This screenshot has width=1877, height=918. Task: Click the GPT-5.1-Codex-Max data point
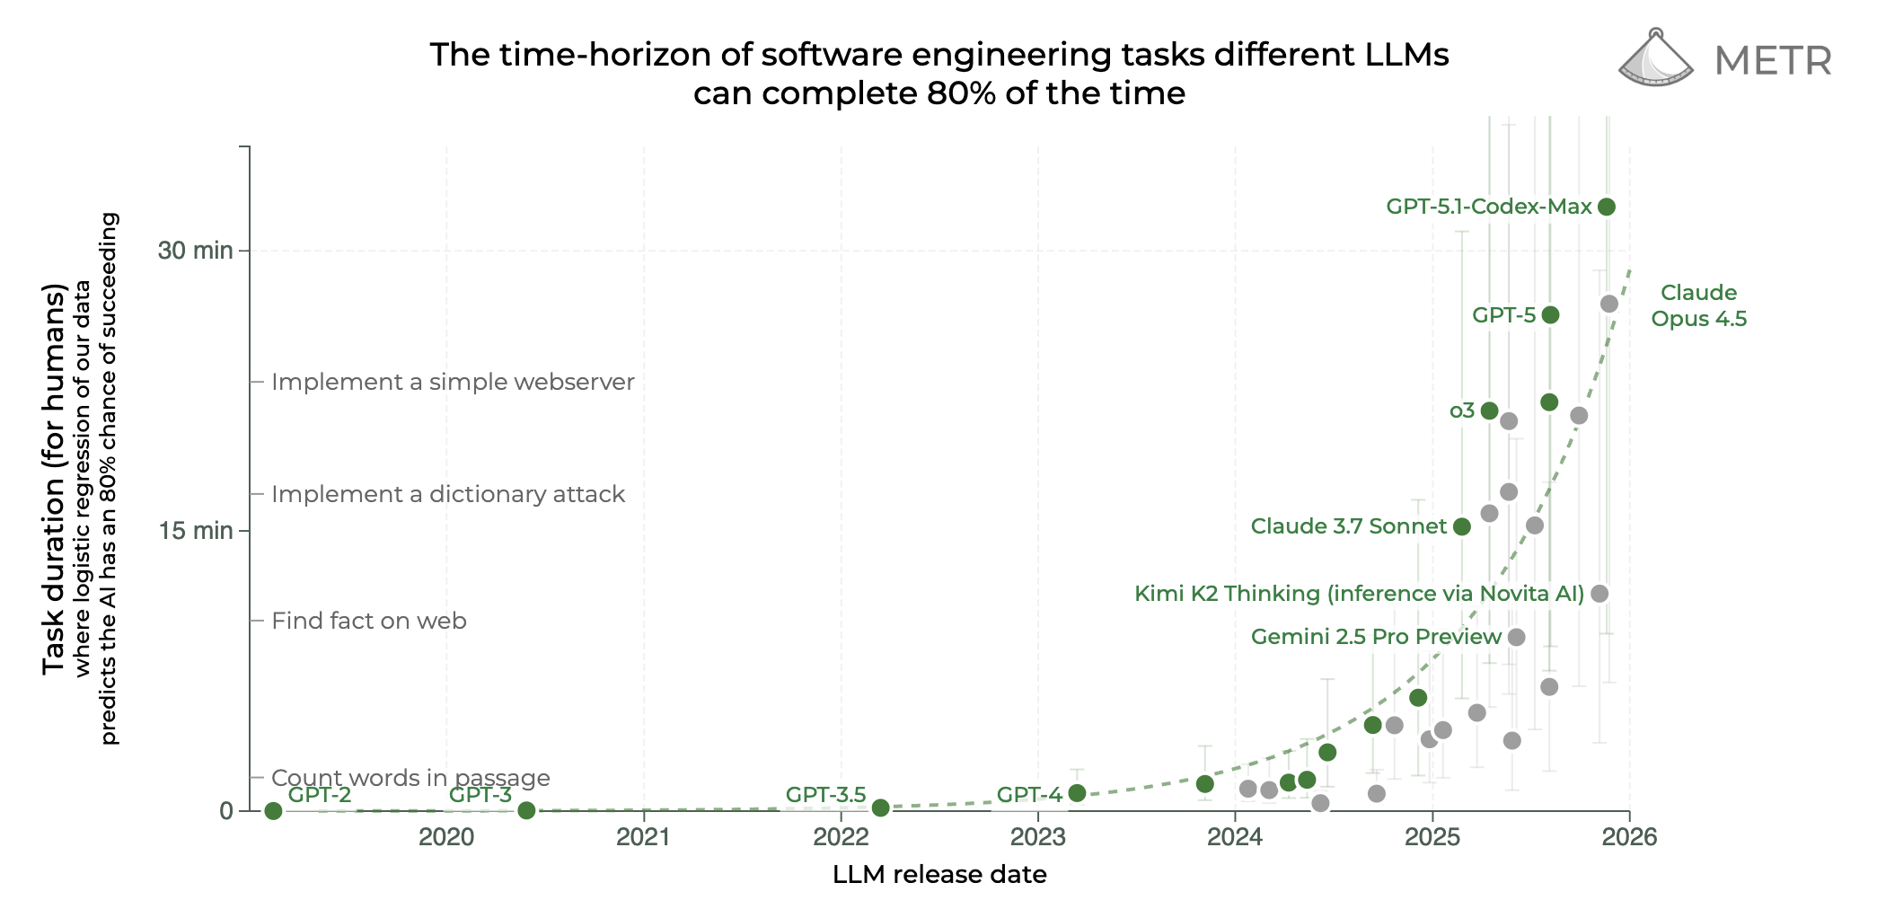coord(1607,207)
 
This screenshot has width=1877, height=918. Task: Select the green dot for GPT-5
coord(1550,314)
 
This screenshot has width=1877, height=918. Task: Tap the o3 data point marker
coord(1489,410)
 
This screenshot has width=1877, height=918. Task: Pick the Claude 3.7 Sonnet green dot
coord(1462,526)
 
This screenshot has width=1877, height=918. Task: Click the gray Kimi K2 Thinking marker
coord(1599,594)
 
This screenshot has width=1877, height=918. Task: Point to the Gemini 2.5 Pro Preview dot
coord(1516,637)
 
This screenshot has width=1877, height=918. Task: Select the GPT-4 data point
coord(1077,793)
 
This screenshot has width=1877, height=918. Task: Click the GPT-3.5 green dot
coord(881,808)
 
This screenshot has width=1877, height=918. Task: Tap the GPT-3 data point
coord(527,810)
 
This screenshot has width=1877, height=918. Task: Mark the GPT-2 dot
coord(274,811)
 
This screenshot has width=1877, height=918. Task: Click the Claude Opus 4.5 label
coord(1698,305)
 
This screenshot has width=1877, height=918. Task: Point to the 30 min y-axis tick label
coord(195,251)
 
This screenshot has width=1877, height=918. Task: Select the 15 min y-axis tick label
coord(195,531)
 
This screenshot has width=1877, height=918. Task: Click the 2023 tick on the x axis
coord(1037,837)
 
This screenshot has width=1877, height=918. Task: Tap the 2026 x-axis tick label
coord(1629,837)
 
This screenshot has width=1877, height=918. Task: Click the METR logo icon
coord(1655,59)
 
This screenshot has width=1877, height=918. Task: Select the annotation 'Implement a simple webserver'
coord(453,382)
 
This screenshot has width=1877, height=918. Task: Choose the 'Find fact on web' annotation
coord(369,621)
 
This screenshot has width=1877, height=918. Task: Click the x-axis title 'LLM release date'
coord(939,875)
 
